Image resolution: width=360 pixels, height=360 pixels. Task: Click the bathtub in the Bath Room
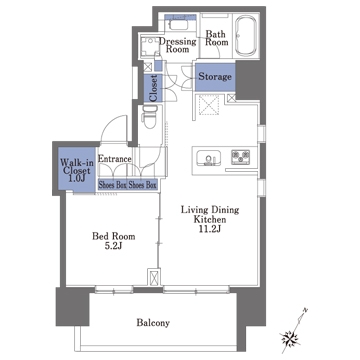[x=246, y=36]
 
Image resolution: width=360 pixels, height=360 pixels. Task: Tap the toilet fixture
[x=149, y=117]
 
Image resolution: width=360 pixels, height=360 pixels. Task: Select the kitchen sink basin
[x=209, y=158]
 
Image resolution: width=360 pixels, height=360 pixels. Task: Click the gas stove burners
[x=241, y=157]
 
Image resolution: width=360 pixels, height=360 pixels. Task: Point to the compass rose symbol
[x=291, y=337]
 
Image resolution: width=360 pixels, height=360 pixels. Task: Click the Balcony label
[x=153, y=323]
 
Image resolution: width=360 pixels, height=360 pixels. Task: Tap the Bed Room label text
[x=114, y=236]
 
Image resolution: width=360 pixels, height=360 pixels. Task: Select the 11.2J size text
[x=211, y=229]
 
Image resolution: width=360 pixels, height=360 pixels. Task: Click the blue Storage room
[x=215, y=77]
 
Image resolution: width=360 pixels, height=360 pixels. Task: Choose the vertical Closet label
[x=153, y=88]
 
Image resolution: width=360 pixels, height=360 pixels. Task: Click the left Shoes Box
[x=112, y=185]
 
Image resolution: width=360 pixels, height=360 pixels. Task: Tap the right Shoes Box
[x=142, y=185]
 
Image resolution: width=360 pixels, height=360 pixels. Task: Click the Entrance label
[x=114, y=159]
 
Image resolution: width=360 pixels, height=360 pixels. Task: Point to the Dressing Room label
[x=178, y=45]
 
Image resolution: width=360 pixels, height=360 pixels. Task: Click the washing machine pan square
[x=150, y=46]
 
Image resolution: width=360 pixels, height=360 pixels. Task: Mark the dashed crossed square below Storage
[x=208, y=105]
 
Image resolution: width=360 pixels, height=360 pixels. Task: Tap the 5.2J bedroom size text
[x=114, y=247]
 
